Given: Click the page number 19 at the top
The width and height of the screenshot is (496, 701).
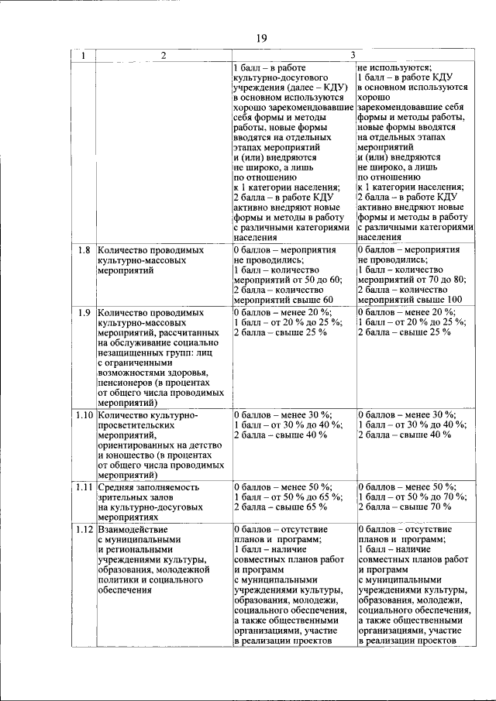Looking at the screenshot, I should pos(261,38).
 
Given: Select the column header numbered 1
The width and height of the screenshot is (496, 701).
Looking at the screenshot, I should pos(84,55).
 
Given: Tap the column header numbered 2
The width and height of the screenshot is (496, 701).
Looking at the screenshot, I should pos(164,55).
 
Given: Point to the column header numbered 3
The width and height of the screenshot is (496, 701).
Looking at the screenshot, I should pos(353,55).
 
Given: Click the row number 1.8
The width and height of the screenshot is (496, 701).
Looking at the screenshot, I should pos(84,251).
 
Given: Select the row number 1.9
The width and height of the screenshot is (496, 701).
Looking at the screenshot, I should pos(84,312).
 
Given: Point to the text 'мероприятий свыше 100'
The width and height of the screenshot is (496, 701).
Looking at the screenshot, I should pos(410,300).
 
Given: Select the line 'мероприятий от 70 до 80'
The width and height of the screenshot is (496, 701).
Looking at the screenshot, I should pos(411,280).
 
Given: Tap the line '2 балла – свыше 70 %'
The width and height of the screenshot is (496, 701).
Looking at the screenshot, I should pos(404,507).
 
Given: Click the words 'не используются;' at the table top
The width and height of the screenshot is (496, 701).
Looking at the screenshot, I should pos(394,67).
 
